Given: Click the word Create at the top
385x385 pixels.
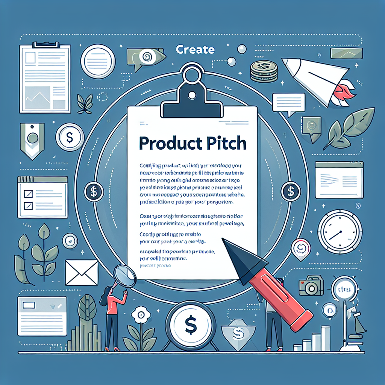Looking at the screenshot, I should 195,50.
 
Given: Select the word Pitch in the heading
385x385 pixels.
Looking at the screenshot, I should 224,144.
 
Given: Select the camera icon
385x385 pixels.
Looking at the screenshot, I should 311,287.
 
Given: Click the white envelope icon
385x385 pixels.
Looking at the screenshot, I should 81,273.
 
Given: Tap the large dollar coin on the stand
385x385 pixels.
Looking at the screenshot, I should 191,323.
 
